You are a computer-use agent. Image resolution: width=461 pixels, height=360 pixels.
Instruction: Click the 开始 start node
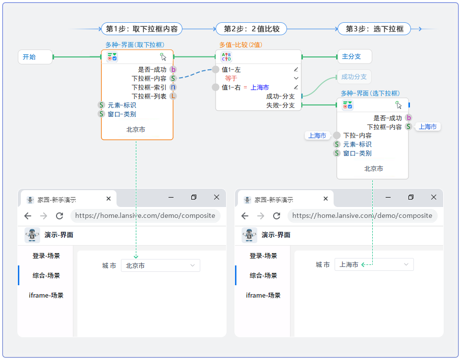35,57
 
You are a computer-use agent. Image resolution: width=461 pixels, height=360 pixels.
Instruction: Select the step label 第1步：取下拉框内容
142,29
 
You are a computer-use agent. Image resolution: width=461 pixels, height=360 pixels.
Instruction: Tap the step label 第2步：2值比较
251,29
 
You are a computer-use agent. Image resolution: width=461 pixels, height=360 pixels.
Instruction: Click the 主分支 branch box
354,56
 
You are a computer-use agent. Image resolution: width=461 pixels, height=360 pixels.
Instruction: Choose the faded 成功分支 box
354,77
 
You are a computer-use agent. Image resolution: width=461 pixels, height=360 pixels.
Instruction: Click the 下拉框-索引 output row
149,87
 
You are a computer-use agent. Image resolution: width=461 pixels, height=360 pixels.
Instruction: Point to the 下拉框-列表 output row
149,96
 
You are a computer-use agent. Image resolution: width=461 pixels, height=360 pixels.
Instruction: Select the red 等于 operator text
231,78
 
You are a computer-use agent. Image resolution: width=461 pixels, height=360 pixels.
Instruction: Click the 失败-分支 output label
281,105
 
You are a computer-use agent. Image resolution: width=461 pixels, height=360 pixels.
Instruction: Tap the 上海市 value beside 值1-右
260,87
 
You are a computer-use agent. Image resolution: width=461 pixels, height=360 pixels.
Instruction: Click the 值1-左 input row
231,70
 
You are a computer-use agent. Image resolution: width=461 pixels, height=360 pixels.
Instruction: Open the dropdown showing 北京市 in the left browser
161,265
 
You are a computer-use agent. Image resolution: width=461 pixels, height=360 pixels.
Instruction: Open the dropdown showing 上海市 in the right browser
374,264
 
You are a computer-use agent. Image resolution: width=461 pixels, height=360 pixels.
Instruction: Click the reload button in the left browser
59,216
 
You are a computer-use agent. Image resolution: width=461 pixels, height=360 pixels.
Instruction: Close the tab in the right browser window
326,199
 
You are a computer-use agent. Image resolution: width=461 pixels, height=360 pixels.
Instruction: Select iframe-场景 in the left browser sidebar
46,295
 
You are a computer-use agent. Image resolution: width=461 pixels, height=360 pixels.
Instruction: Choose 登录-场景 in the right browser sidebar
263,256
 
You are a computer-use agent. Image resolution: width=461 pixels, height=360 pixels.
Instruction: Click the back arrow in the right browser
245,216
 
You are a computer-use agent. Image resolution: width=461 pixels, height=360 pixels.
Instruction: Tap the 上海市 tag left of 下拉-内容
317,136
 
